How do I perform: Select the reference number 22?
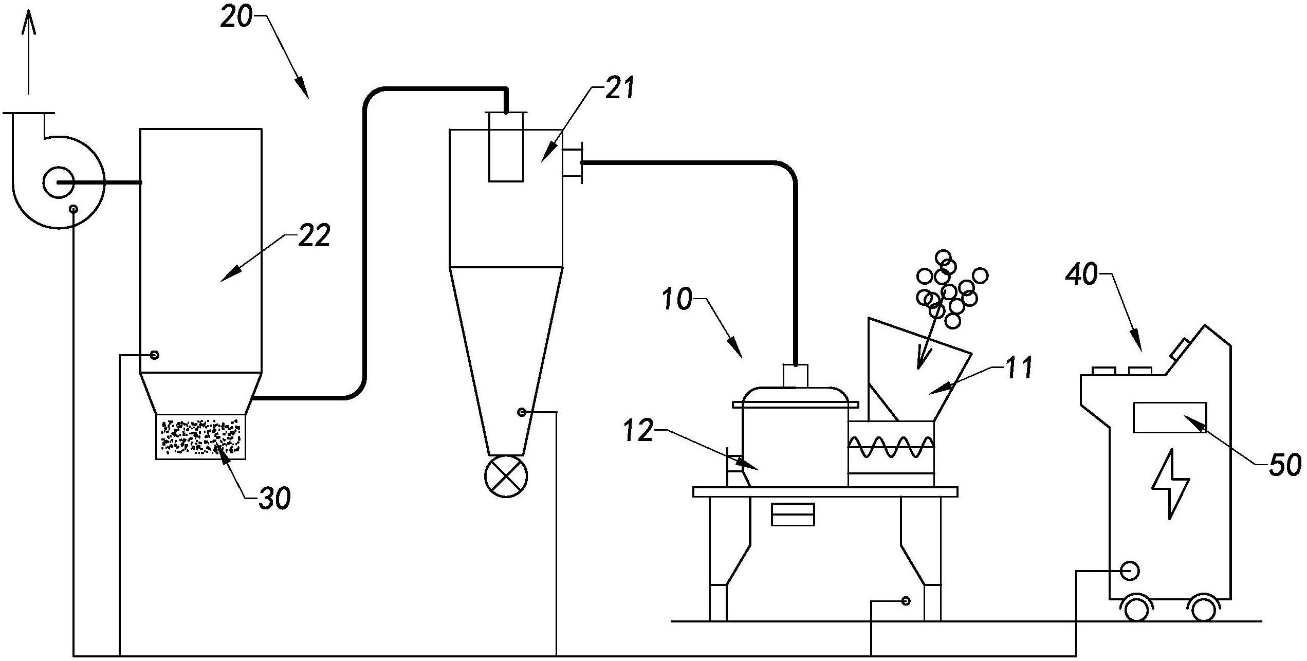point(314,237)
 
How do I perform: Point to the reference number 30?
point(274,498)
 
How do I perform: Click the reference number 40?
point(1081,275)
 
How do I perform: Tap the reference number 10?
point(677,299)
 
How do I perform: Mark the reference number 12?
point(638,431)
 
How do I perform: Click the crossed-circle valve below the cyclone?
point(506,476)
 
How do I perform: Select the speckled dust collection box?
point(200,437)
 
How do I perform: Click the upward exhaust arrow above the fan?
point(29,51)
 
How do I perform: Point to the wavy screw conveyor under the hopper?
point(891,447)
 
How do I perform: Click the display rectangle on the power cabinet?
point(1169,417)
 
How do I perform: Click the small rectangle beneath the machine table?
point(793,515)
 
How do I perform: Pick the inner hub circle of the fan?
point(59,182)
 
